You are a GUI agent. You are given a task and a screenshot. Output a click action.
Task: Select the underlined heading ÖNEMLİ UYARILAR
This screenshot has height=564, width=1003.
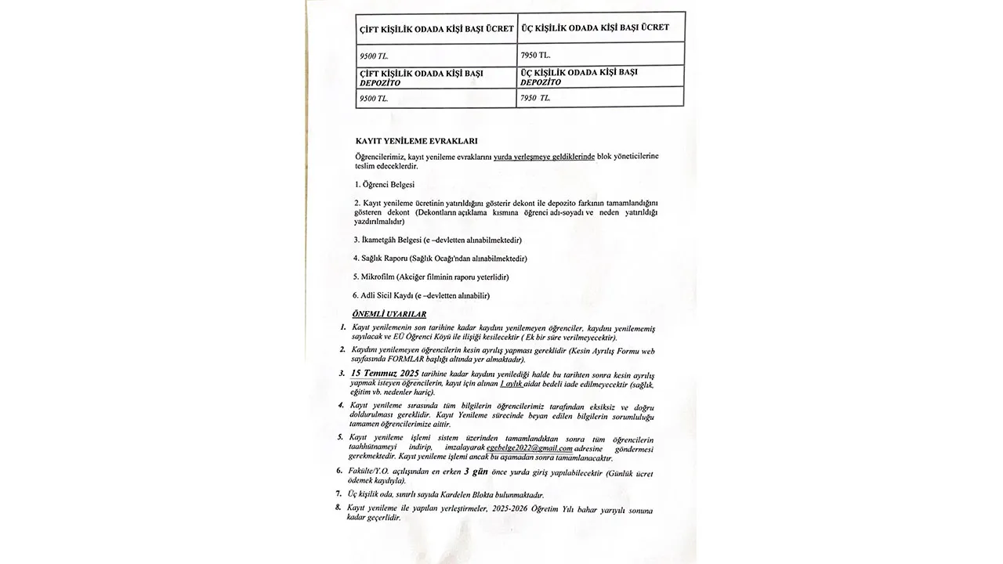click(389, 314)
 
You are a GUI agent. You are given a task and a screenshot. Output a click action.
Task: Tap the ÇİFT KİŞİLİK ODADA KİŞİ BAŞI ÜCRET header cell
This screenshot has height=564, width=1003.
click(436, 29)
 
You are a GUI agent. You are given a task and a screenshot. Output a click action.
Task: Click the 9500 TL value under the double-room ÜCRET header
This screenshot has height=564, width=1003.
click(373, 56)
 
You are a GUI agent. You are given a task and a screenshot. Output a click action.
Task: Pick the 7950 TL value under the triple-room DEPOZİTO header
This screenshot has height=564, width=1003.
click(535, 98)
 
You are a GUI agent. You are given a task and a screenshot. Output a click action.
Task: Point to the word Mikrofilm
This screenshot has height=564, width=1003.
click(378, 277)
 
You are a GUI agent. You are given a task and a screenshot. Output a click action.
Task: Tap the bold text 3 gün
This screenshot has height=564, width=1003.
click(476, 472)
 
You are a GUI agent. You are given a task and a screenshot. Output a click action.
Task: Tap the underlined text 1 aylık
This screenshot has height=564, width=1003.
click(511, 385)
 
